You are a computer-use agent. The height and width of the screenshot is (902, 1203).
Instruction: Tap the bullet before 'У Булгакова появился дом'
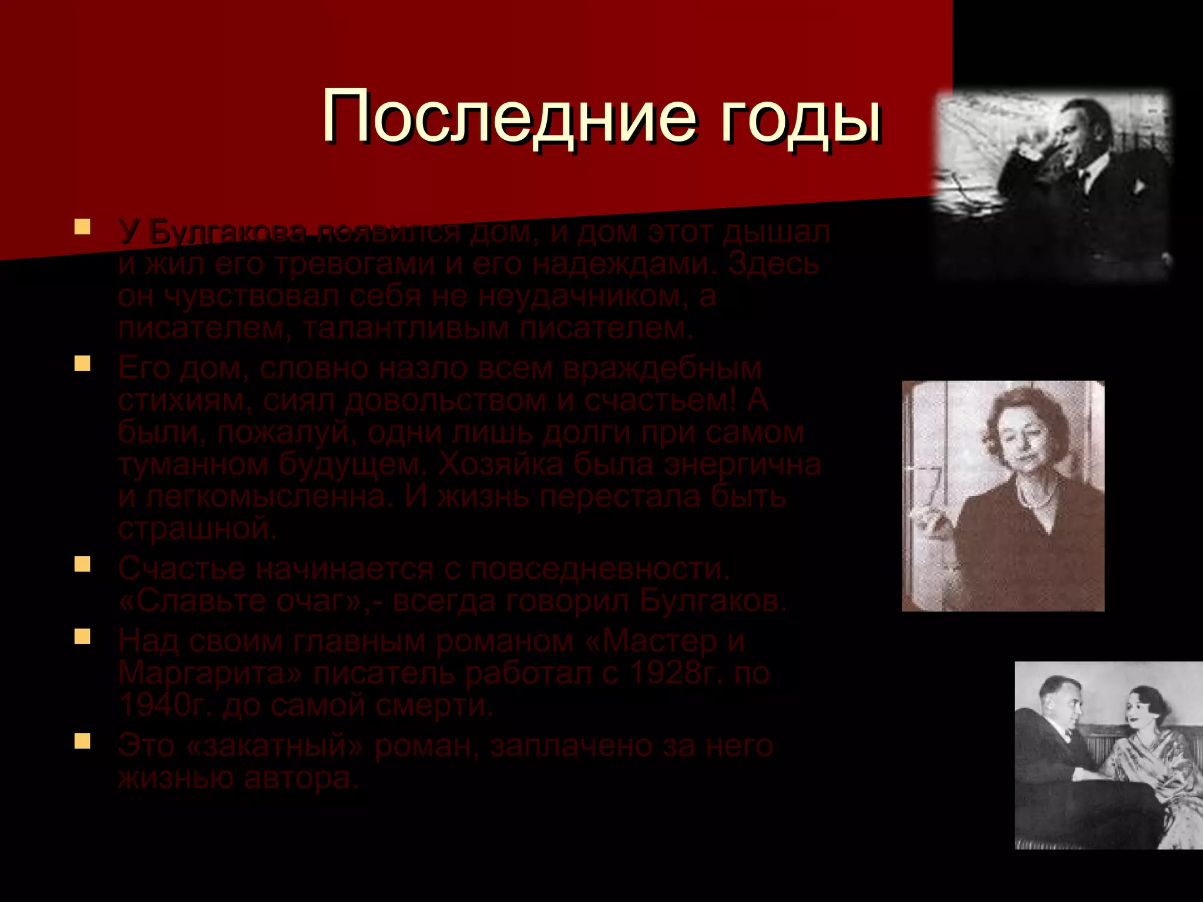pyautogui.click(x=82, y=227)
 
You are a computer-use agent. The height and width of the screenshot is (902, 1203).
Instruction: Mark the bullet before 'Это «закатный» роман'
pyautogui.click(x=82, y=741)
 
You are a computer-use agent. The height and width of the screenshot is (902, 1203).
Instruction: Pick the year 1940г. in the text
pyautogui.click(x=164, y=705)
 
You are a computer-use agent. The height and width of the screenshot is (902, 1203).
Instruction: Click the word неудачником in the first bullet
pyautogui.click(x=582, y=295)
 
